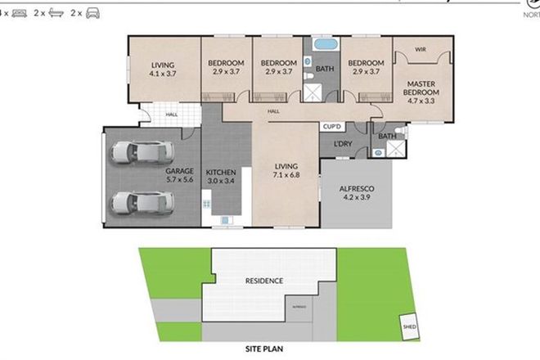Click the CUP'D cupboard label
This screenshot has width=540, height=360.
coord(331,128)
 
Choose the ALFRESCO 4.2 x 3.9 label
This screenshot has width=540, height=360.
coord(357,192)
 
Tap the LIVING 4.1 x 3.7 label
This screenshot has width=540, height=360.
coord(163,69)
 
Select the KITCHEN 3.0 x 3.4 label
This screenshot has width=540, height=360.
coord(221,176)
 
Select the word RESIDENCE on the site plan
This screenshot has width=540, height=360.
coord(264,281)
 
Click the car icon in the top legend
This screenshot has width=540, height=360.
coord(92,14)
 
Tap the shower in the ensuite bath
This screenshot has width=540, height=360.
coord(394,149)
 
